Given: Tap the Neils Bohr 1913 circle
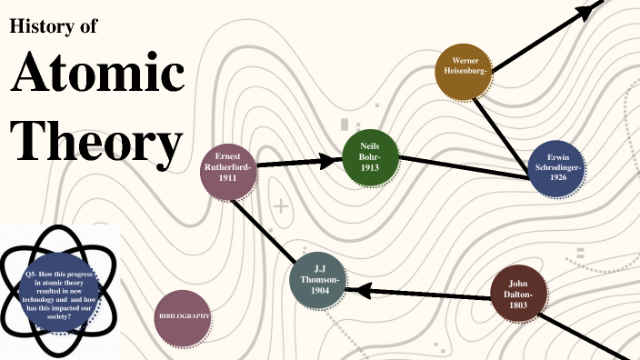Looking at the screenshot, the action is click(371, 157).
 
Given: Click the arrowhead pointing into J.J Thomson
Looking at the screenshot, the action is click(358, 290).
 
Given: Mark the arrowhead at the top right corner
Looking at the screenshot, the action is click(591, 9).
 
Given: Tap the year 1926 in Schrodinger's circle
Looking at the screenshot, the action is click(558, 178).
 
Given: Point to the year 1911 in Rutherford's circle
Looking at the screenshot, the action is click(227, 179).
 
